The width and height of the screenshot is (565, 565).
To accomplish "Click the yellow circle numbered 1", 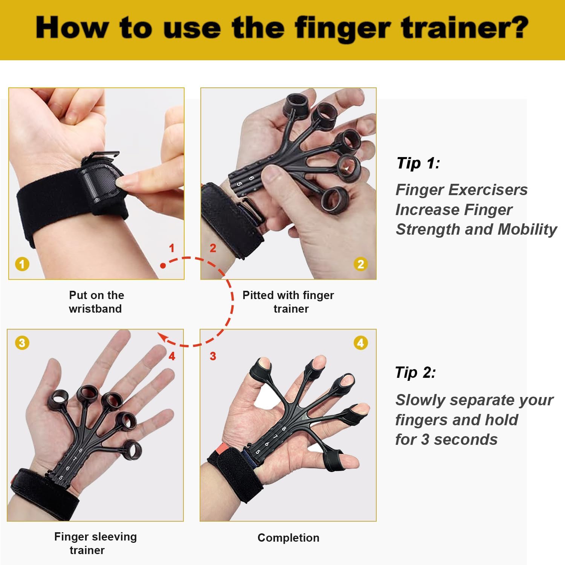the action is (22, 264).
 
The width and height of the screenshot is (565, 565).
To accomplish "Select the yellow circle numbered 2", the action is (361, 264).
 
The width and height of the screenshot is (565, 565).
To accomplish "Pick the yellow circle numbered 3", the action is (22, 343).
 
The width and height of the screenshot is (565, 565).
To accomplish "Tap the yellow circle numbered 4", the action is (361, 343).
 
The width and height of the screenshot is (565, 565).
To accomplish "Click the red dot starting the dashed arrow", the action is (163, 266).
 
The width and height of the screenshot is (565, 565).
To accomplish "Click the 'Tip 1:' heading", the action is (418, 163).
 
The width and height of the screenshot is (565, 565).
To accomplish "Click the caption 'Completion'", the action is (289, 538).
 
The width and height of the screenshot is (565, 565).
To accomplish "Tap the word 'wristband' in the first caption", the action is (95, 309).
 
